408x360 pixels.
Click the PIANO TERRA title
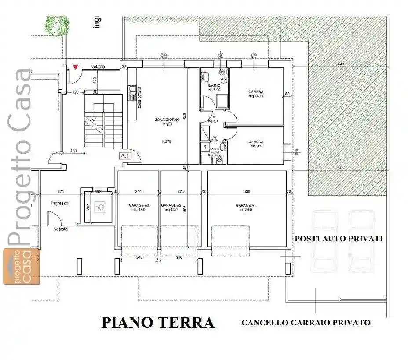pyautogui.click(x=158, y=323)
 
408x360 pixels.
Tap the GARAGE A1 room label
pyautogui.click(x=246, y=207)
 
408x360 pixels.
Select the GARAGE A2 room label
pyautogui.click(x=171, y=207)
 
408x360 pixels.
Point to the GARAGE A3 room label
pyautogui.click(x=139, y=207)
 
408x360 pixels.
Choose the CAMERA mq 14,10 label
pyautogui.click(x=256, y=94)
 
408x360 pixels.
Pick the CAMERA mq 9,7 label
pyautogui.click(x=256, y=144)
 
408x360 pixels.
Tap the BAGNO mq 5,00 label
pyautogui.click(x=214, y=88)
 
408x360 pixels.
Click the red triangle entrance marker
pyautogui.click(x=76, y=67)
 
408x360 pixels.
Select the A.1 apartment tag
pyautogui.click(x=124, y=156)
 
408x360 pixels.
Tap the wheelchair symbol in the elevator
pyautogui.click(x=99, y=207)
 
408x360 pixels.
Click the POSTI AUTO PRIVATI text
pyautogui.click(x=339, y=239)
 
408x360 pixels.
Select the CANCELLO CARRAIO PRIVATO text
pyautogui.click(x=306, y=323)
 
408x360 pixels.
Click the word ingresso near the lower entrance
pyautogui.click(x=60, y=203)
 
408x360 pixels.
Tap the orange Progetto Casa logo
pyautogui.click(x=21, y=266)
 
